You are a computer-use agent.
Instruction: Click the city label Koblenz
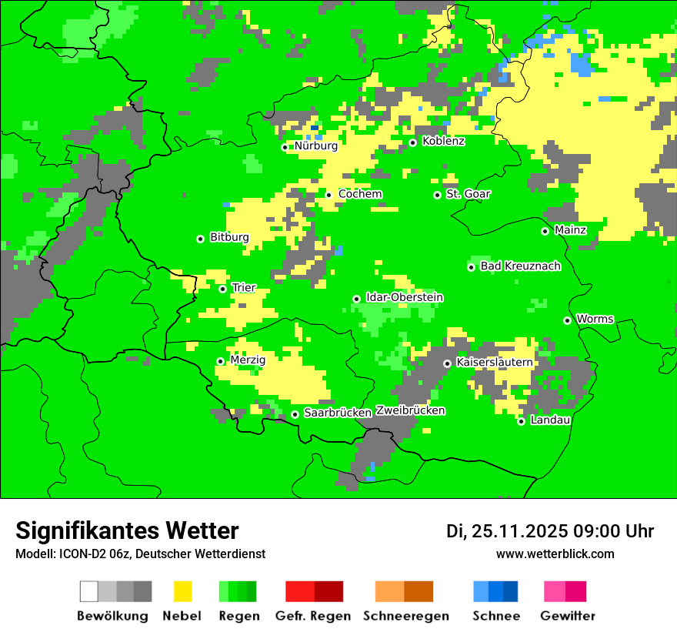click(444, 141)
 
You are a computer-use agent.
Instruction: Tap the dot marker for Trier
click(223, 289)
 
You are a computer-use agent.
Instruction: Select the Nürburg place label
click(315, 146)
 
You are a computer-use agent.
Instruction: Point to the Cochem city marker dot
click(328, 195)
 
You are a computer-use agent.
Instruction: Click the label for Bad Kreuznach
click(520, 266)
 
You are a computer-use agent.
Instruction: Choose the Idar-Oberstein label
click(404, 298)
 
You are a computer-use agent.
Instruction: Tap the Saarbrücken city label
click(338, 413)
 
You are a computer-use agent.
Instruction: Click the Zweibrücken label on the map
click(410, 410)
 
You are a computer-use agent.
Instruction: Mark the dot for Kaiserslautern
click(447, 363)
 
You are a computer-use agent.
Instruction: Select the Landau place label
click(550, 420)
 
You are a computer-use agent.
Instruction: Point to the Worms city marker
click(567, 320)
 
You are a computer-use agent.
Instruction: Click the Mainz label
click(570, 230)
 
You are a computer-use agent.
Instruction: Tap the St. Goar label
click(468, 194)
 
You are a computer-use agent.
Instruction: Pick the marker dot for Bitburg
click(200, 239)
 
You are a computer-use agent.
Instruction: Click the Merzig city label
click(248, 360)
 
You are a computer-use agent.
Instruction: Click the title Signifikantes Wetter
click(127, 530)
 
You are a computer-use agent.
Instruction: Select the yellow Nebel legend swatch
click(183, 591)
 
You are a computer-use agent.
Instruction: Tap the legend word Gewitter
click(567, 616)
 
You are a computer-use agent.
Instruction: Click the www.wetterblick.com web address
click(555, 554)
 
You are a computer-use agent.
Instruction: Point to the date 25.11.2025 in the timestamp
click(519, 531)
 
